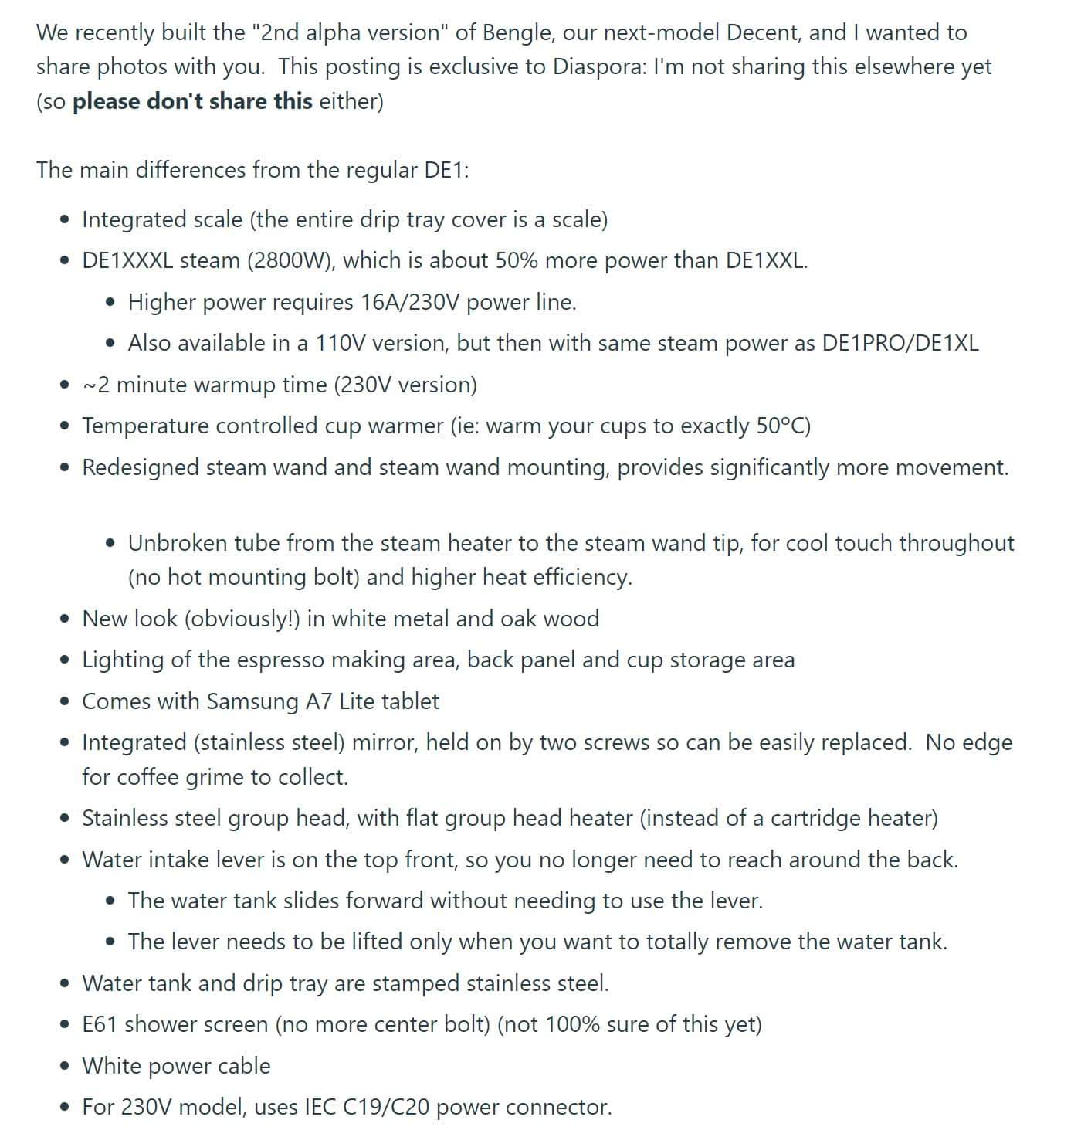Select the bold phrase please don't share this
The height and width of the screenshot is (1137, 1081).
pyautogui.click(x=192, y=101)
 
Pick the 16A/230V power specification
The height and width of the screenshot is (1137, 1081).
pyautogui.click(x=410, y=302)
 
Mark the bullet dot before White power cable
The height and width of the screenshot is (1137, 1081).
pyautogui.click(x=65, y=1067)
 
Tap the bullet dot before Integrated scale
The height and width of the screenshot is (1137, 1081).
pyautogui.click(x=65, y=220)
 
